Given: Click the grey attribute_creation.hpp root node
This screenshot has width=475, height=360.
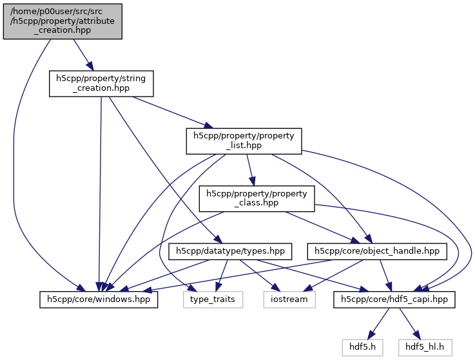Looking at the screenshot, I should [x=63, y=20].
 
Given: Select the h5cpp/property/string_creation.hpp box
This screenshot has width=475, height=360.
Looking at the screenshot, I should [x=101, y=84].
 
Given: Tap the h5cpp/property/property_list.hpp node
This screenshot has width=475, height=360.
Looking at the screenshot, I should [x=244, y=141].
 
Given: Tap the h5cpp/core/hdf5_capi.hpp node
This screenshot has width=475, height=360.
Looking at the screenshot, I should [x=395, y=299].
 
